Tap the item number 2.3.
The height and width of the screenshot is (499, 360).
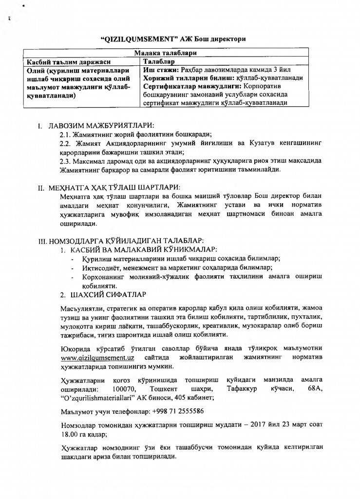pos(65,161)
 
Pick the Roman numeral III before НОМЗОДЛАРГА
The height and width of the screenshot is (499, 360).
pos(42,241)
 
